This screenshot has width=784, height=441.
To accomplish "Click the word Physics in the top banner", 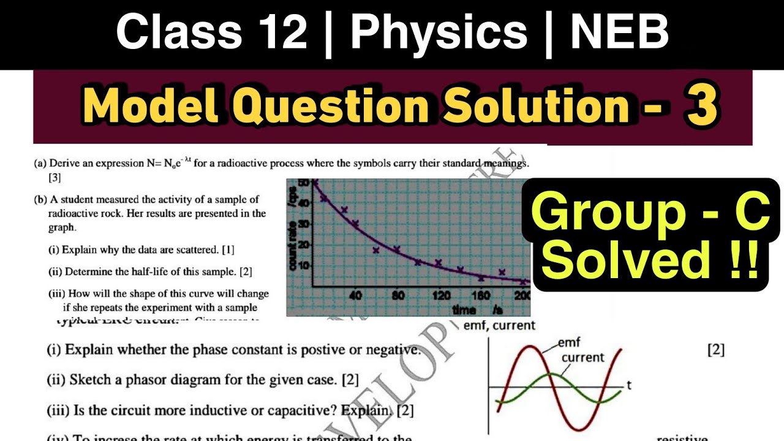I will [439, 33].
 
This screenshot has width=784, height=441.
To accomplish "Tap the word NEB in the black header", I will [619, 33].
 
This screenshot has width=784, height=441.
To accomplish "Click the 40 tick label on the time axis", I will [355, 295].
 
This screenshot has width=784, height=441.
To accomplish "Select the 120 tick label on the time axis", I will [441, 295].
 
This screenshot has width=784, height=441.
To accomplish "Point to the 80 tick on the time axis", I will [398, 295].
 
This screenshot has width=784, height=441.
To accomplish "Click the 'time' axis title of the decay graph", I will [464, 309].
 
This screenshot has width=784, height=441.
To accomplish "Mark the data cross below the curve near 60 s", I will [376, 250].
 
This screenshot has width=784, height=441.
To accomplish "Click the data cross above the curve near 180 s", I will [502, 272].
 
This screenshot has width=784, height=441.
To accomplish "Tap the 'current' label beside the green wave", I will [582, 357].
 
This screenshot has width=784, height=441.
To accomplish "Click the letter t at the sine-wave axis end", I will [629, 385].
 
